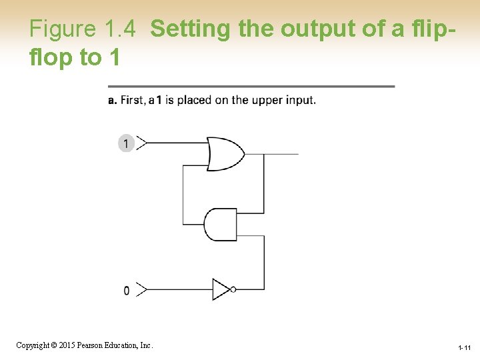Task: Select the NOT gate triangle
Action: point(221,289)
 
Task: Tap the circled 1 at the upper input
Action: point(126,143)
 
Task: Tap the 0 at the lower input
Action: point(127,291)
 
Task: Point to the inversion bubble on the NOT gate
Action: point(233,289)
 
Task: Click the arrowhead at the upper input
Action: point(141,143)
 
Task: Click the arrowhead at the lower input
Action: point(141,290)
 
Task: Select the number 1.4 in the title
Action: point(120,29)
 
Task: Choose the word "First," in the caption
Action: point(133,101)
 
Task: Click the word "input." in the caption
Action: point(301,101)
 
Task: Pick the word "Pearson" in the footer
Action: point(91,345)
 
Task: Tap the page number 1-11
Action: point(464,348)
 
